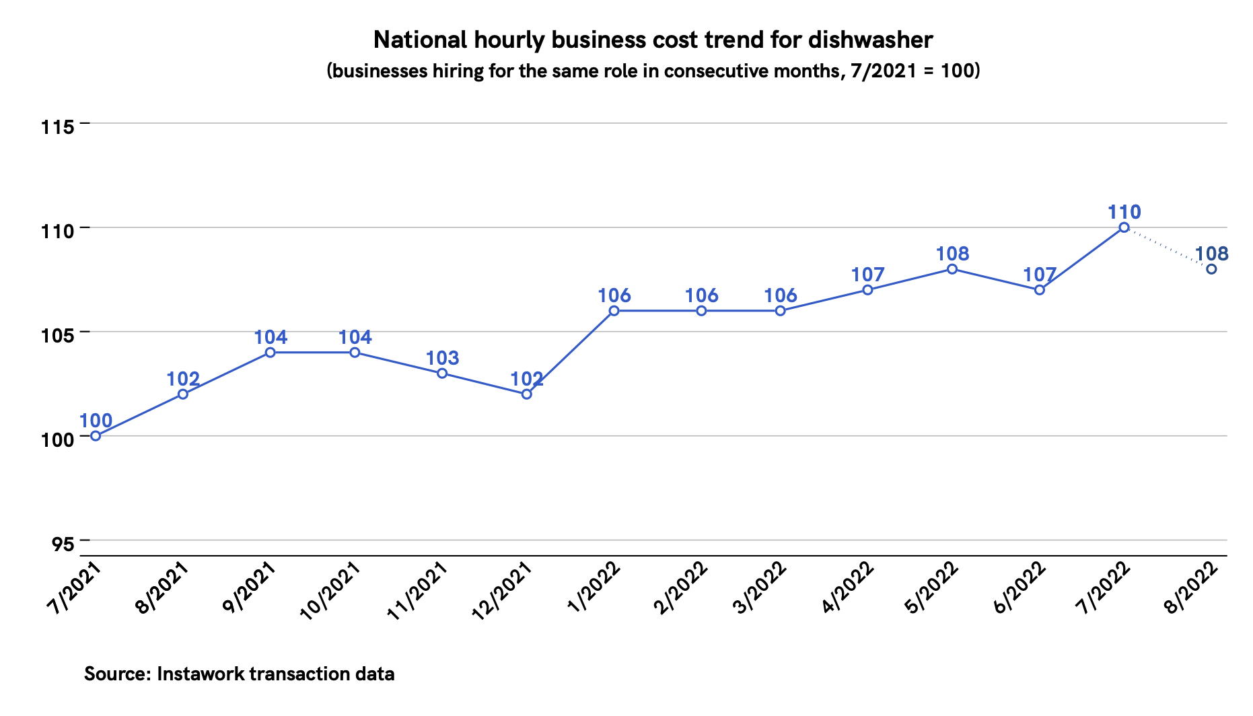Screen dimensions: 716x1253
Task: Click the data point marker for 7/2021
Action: [x=96, y=436]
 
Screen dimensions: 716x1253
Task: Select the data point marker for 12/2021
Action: [x=527, y=394]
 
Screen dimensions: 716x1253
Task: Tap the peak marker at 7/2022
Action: [x=1124, y=227]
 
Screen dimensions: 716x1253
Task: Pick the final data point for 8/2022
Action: [x=1211, y=269]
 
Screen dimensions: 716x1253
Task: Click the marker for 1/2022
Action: [x=614, y=311]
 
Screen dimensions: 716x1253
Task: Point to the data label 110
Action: [x=1124, y=213]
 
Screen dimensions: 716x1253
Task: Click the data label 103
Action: [x=443, y=358]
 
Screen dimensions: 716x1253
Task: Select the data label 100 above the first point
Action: [x=96, y=421]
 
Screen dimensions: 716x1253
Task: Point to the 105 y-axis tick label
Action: [x=56, y=334]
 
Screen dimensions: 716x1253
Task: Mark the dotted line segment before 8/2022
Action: [x=1168, y=248]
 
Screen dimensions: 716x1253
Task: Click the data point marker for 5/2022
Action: [x=952, y=269]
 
